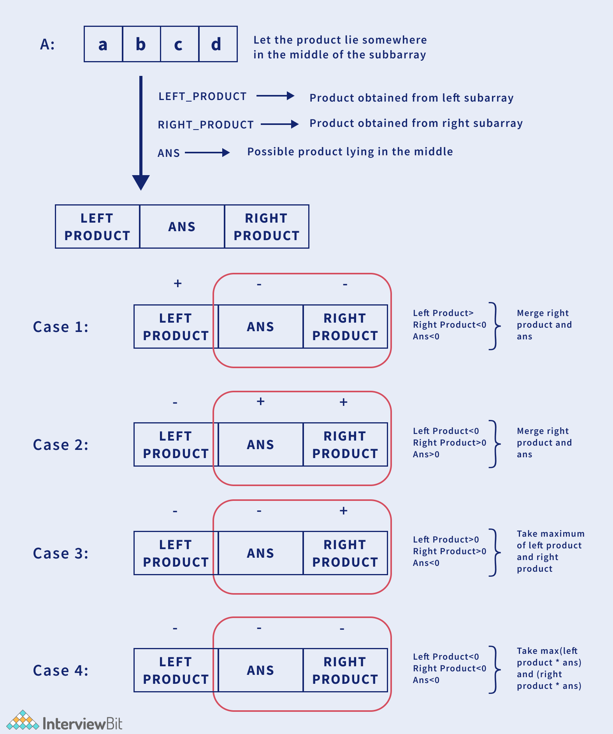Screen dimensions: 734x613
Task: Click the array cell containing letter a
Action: coord(103,44)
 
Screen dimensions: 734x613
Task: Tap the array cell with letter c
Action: coord(179,44)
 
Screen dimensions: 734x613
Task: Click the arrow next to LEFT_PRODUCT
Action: coord(275,96)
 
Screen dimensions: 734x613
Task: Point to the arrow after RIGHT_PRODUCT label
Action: coord(279,124)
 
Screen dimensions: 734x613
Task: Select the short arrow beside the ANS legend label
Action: coord(207,153)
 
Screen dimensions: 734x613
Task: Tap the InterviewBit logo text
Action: coord(82,723)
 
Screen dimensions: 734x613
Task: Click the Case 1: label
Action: coord(61,327)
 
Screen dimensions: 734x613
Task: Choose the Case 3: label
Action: coord(61,553)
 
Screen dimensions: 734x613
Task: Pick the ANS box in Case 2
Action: coord(260,444)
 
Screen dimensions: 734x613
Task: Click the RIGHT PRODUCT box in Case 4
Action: coord(345,670)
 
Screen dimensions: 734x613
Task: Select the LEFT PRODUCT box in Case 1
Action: coord(176,327)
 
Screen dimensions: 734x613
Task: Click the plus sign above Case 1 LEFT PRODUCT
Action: coord(177,283)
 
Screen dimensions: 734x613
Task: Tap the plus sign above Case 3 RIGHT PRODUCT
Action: coord(343,511)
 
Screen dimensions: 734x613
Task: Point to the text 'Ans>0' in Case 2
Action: coord(426,455)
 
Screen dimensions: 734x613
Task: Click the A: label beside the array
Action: coord(47,44)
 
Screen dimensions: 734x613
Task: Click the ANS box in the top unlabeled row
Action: coord(182,227)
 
